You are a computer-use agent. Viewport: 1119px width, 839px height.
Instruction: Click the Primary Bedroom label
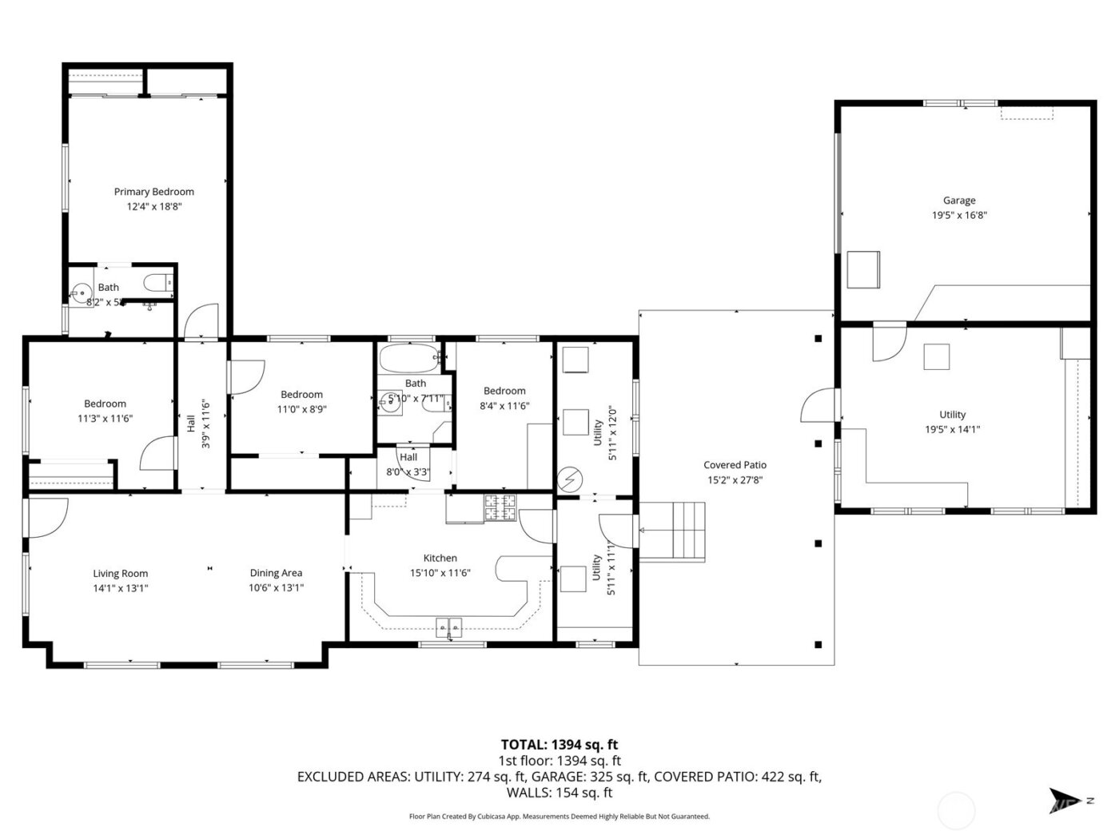[153, 192]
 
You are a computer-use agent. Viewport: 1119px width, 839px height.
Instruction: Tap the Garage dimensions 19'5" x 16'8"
[958, 215]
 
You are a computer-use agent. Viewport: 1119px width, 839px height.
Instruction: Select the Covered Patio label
[735, 465]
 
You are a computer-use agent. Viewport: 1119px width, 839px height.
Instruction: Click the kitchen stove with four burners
[500, 508]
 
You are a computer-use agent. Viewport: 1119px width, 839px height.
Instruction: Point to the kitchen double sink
[449, 627]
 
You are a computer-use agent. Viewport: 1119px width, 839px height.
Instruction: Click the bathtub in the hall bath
[409, 358]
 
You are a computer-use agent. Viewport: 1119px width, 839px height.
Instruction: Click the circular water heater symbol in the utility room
[571, 479]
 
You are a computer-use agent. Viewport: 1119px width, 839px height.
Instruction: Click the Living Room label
[121, 573]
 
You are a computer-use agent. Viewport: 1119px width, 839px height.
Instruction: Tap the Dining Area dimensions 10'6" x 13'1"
[276, 587]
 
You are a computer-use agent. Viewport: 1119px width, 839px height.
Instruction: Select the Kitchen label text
[440, 558]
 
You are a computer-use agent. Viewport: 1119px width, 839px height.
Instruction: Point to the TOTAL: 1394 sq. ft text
[559, 745]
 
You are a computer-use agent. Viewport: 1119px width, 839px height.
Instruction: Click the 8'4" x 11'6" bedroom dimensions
[504, 405]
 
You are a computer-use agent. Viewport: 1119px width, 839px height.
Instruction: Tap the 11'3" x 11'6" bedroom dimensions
[105, 418]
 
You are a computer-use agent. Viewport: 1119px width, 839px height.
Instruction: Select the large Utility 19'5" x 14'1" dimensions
[952, 429]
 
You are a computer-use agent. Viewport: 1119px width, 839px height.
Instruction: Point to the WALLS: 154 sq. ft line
[559, 793]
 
